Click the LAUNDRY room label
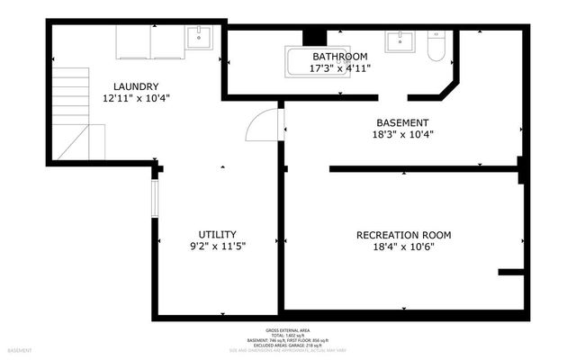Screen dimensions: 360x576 pyautogui.click(x=137, y=86)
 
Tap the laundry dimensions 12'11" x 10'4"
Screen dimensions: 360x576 pyautogui.click(x=137, y=98)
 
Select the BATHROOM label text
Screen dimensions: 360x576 pyautogui.click(x=340, y=56)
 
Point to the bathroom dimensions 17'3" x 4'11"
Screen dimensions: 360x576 pyautogui.click(x=340, y=67)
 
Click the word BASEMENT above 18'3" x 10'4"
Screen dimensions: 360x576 pyautogui.click(x=402, y=122)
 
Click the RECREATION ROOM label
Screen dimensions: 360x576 pyautogui.click(x=403, y=235)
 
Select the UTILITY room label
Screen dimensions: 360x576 pyautogui.click(x=217, y=234)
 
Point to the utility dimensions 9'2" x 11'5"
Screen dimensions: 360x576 pyautogui.click(x=217, y=246)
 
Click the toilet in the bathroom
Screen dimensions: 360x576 pyautogui.click(x=436, y=47)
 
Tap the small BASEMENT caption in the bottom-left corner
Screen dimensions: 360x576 pyautogui.click(x=20, y=350)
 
